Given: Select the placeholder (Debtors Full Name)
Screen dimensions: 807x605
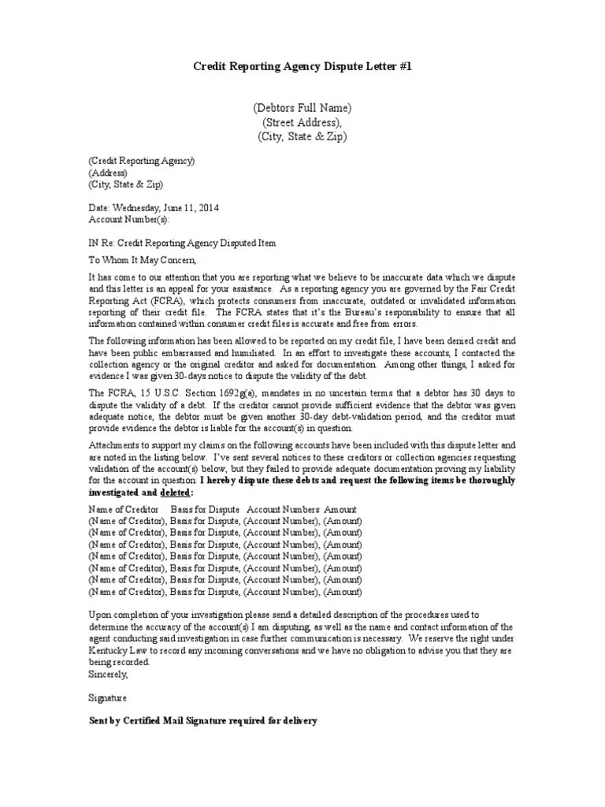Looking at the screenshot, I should [x=302, y=108].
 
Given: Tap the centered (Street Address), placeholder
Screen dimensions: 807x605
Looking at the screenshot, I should [x=302, y=122].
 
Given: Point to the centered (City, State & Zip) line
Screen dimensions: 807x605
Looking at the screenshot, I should [x=302, y=136].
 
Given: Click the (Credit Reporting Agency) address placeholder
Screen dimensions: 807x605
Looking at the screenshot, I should [x=141, y=161].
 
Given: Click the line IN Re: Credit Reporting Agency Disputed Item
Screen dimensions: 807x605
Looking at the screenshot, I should [x=182, y=243].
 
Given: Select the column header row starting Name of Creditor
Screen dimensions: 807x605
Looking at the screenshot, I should [x=222, y=509].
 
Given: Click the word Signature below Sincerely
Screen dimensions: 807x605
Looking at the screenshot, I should [x=106, y=698].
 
